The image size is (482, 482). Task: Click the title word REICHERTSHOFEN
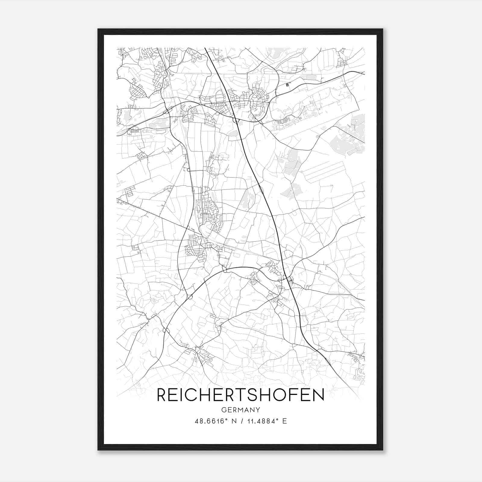click(x=240, y=395)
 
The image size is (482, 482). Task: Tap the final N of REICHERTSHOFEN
click(x=318, y=395)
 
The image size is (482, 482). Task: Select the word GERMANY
click(x=240, y=410)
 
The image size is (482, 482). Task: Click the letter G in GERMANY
click(x=224, y=410)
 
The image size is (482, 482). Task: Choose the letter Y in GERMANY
click(x=258, y=410)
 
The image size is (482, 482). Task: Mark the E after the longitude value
click(x=284, y=421)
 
